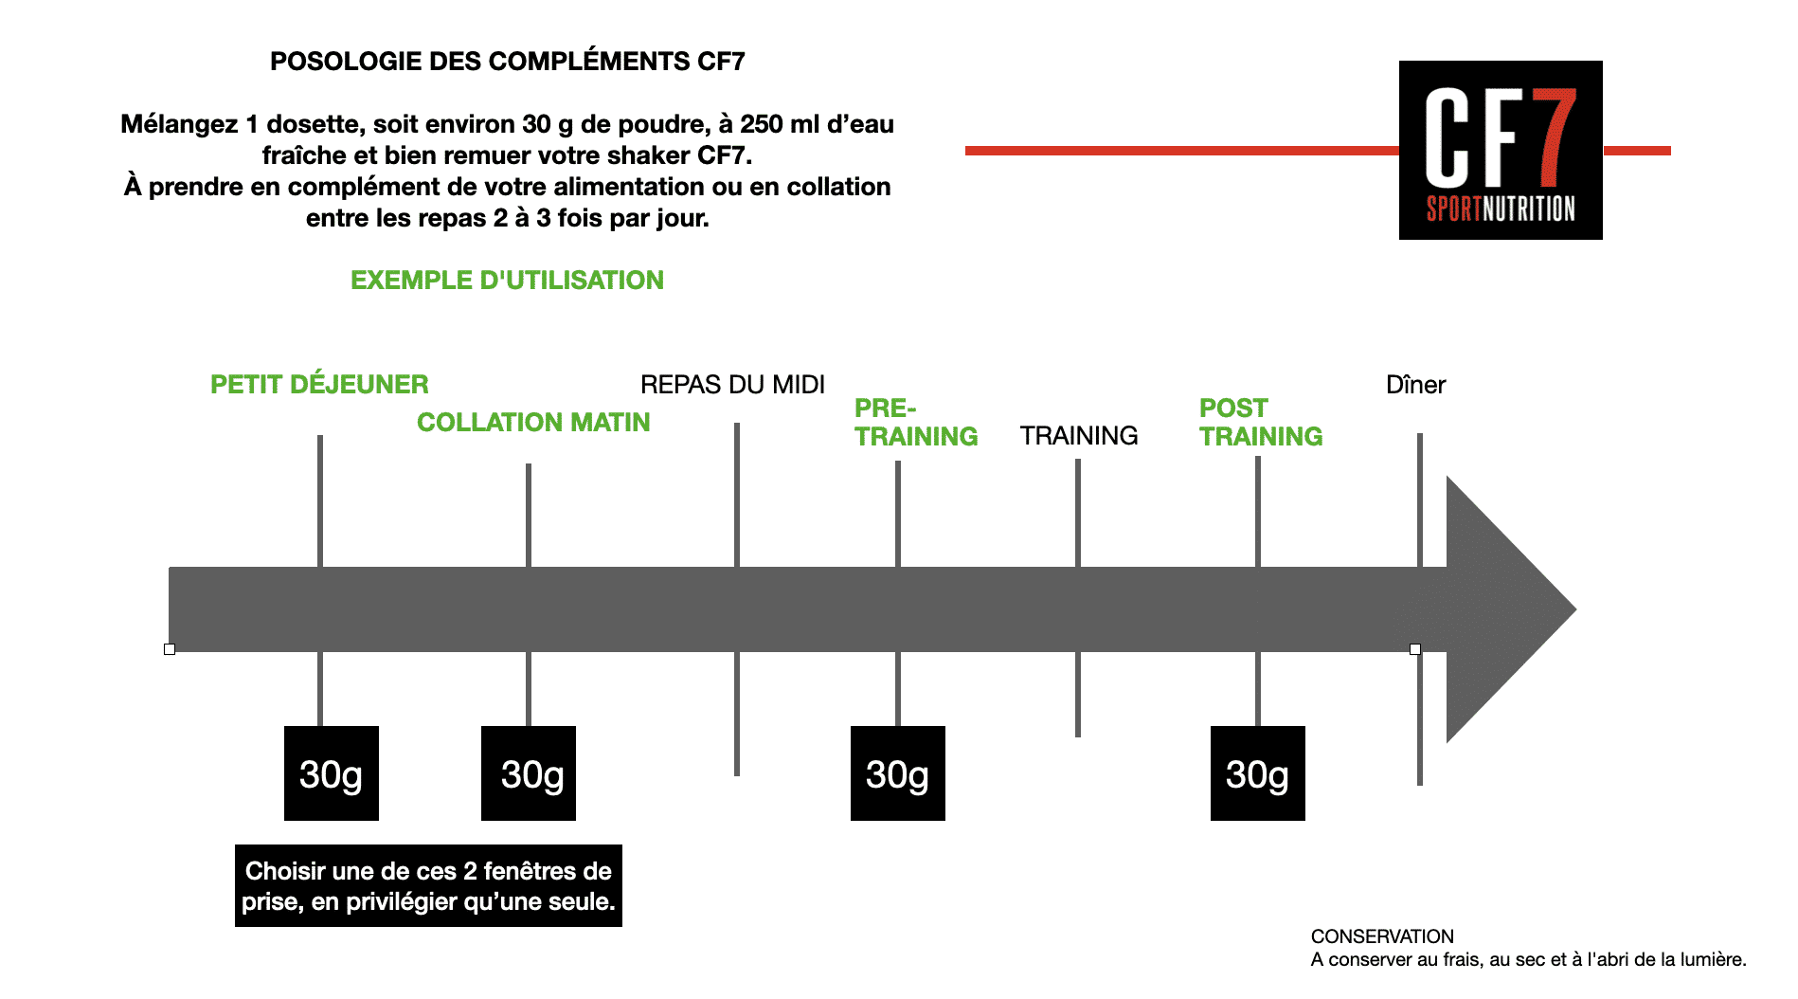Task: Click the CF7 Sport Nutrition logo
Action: coord(1501,150)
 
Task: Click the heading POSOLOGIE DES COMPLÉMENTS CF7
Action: coord(508,62)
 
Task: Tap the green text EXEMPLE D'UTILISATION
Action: coord(507,281)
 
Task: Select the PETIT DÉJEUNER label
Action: coord(319,384)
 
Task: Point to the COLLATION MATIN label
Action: coord(533,422)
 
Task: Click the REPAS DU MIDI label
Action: coord(732,384)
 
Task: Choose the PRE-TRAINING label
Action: coord(916,422)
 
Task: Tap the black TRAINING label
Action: coord(1079,435)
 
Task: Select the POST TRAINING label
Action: coord(1261,422)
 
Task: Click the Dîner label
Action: coord(1415,384)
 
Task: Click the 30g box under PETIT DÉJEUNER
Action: coord(332,773)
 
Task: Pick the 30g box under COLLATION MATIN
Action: coord(529,773)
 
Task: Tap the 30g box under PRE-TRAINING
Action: coord(898,773)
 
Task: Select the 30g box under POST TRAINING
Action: coord(1258,773)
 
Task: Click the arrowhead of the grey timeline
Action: coord(1511,609)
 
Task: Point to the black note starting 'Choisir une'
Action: coord(428,885)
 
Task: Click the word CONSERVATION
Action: coord(1382,936)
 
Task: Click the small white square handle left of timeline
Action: coord(170,649)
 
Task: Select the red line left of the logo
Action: coord(1182,150)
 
